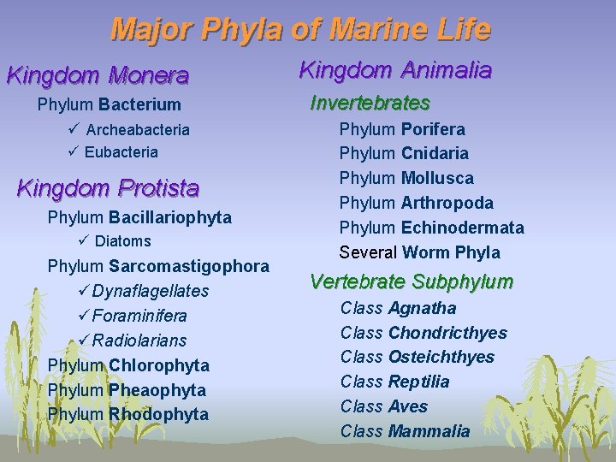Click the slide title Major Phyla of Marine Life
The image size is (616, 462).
[300, 30]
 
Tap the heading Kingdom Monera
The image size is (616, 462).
[98, 75]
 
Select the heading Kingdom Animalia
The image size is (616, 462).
[394, 70]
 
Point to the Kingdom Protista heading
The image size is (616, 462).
[108, 187]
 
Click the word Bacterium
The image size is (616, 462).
[139, 105]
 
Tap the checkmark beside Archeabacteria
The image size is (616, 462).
[72, 129]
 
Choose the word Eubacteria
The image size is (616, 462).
[121, 152]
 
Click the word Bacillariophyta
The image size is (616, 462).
[169, 217]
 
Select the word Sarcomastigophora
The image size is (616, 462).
[189, 266]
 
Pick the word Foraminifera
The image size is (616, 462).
[139, 316]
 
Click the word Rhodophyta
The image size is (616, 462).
[158, 414]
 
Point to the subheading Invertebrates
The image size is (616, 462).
[370, 104]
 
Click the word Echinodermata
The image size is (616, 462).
[462, 228]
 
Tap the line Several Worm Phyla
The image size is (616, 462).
[419, 252]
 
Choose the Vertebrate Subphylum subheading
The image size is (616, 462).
[412, 281]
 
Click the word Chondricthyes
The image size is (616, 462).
[447, 333]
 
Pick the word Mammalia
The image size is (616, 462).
[429, 431]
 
